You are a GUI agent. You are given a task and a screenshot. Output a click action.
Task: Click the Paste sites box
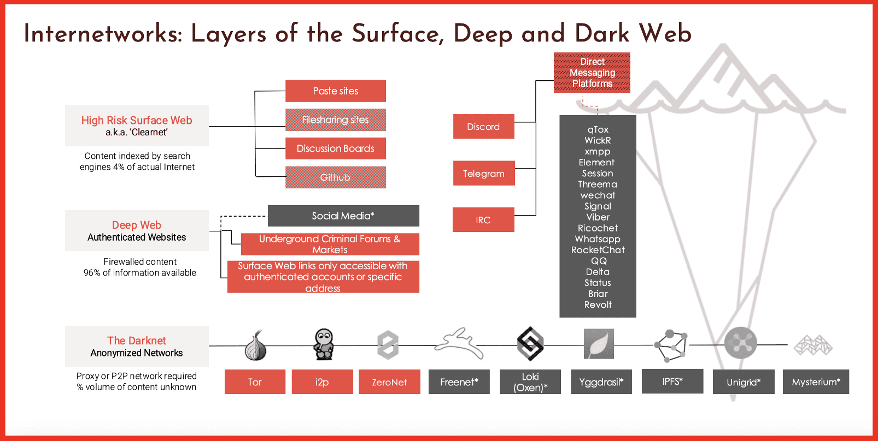(x=335, y=91)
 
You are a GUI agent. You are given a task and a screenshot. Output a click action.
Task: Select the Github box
(x=335, y=177)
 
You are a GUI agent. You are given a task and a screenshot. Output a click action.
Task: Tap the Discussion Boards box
(x=335, y=148)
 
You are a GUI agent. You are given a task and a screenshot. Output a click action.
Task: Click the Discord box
(x=483, y=127)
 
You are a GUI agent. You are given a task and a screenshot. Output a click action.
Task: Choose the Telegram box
(x=483, y=174)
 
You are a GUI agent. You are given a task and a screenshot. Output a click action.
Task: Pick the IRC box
(x=483, y=220)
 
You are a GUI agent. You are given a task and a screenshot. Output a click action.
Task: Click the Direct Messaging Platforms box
(x=592, y=73)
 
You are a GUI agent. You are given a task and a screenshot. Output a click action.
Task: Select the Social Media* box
(x=343, y=216)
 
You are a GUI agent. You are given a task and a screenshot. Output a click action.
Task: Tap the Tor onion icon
(x=255, y=345)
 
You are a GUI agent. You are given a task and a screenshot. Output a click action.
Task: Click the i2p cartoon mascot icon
(x=324, y=344)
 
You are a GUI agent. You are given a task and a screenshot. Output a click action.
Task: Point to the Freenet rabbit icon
(x=459, y=343)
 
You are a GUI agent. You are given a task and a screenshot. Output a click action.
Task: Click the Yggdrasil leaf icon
(x=599, y=344)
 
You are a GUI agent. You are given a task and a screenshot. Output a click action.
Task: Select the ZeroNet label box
(x=389, y=382)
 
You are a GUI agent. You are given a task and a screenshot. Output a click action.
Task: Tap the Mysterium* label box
(x=816, y=382)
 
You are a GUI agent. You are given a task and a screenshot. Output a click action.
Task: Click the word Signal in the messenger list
(x=598, y=206)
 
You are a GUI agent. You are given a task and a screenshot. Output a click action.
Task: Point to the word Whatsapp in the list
(x=598, y=239)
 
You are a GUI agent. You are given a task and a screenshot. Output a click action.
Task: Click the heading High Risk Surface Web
(x=137, y=120)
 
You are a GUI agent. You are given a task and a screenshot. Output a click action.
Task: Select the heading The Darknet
(x=137, y=341)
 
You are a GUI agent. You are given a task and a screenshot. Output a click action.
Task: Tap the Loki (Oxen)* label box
(x=530, y=382)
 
